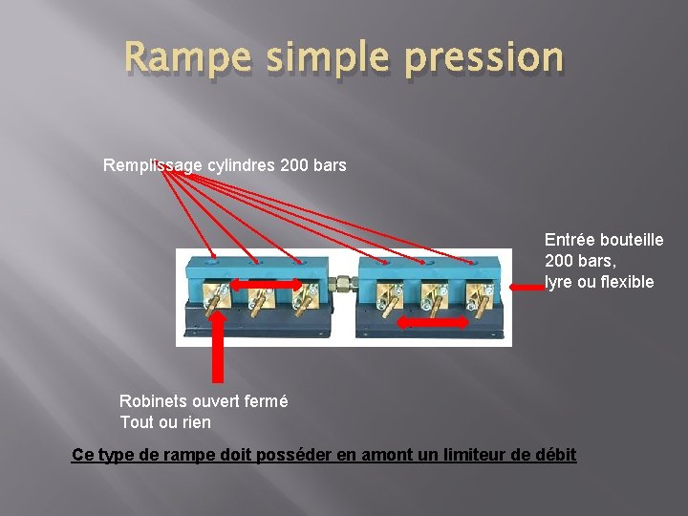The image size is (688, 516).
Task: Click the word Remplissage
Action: (x=153, y=165)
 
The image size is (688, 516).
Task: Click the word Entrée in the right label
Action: (x=571, y=240)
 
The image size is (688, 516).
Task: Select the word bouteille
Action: (x=634, y=240)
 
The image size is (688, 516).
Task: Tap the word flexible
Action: (x=622, y=282)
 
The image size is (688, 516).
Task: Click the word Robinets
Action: (x=153, y=401)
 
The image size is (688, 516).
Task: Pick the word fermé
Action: (x=265, y=401)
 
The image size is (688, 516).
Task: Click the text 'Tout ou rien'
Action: (x=165, y=422)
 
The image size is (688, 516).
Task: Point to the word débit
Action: (x=555, y=455)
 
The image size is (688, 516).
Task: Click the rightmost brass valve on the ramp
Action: (x=475, y=298)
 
